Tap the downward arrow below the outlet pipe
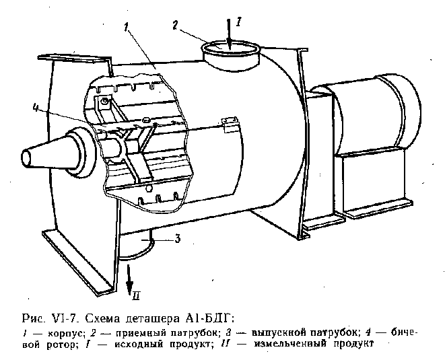click(129, 277)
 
